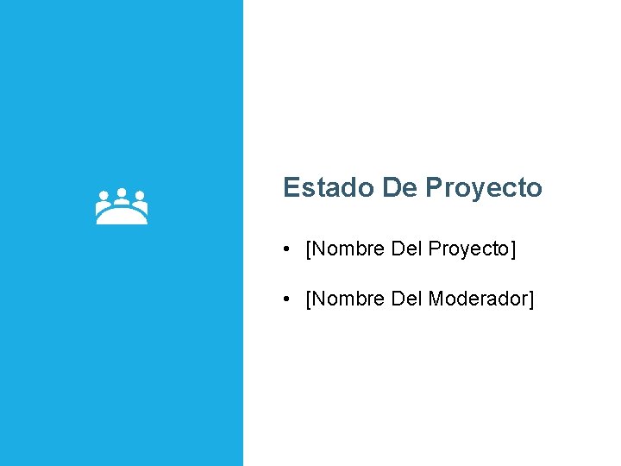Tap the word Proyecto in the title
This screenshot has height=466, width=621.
tap(484, 188)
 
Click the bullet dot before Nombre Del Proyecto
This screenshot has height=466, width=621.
tap(285, 250)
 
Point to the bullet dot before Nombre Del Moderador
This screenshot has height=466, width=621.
tap(285, 300)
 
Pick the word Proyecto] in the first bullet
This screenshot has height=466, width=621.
tap(472, 250)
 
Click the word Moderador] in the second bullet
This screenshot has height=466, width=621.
tap(481, 299)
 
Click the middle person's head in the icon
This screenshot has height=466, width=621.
tap(122, 193)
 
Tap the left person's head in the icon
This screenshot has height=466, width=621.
tap(103, 197)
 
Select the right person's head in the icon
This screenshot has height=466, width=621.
tap(140, 197)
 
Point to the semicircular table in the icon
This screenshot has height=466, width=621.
tap(122, 217)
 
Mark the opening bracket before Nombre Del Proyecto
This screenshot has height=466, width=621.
tap(309, 250)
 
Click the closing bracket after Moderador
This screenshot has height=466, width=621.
tap(531, 300)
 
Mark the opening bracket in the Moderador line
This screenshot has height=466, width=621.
tap(309, 300)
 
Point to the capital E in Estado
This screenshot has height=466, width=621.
tap(291, 187)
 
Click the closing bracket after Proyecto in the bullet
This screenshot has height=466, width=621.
tap(513, 250)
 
